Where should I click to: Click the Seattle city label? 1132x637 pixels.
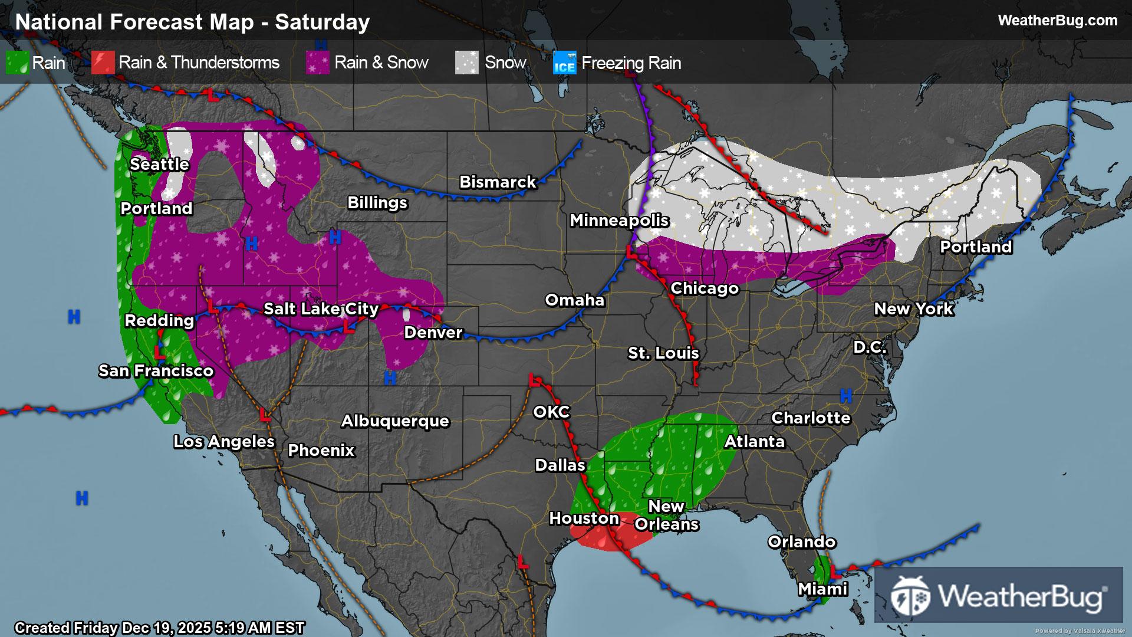point(159,164)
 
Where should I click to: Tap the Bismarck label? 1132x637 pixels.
point(498,182)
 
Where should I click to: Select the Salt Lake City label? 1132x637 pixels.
point(321,308)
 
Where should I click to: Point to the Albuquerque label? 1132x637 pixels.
point(395,421)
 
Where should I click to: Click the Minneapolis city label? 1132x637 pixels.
point(619,220)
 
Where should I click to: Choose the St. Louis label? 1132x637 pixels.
point(663,353)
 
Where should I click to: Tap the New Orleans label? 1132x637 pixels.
point(667,515)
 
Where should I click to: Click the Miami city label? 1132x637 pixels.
point(822,589)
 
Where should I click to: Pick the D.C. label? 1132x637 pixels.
point(870,347)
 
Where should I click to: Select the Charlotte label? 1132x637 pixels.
point(811,418)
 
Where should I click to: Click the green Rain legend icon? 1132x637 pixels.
point(17,63)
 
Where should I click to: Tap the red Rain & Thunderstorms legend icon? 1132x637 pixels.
point(103,63)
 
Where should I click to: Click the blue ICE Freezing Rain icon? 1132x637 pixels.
point(564,63)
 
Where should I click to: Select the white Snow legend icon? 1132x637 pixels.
point(466,63)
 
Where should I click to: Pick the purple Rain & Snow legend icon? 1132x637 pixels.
point(317,63)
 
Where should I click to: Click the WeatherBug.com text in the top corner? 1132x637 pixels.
point(1057,20)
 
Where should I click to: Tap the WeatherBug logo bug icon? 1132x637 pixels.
point(910,596)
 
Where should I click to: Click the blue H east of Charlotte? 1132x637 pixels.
point(846,396)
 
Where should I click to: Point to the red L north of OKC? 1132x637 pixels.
point(535,380)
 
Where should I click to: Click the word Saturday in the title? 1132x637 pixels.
point(322,22)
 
